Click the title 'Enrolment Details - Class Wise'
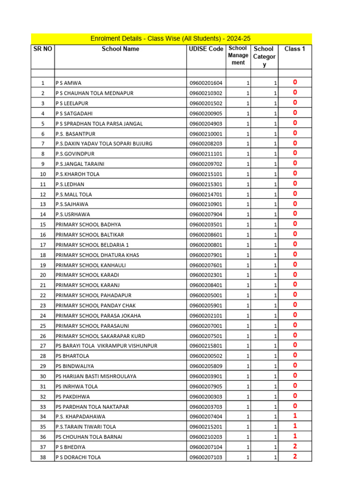tap(171, 38)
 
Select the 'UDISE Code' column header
tap(206, 49)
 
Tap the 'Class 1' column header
tap(295, 49)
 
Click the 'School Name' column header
tap(120, 49)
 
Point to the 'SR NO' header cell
tap(43, 49)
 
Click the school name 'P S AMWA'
tap(68, 83)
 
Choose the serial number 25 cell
tap(43, 326)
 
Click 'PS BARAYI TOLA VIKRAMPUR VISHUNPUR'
tap(106, 346)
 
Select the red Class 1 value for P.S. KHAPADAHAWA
tap(295, 416)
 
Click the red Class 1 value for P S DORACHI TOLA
tap(295, 457)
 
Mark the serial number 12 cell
tap(43, 194)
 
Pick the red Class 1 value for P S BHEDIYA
tap(295, 447)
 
